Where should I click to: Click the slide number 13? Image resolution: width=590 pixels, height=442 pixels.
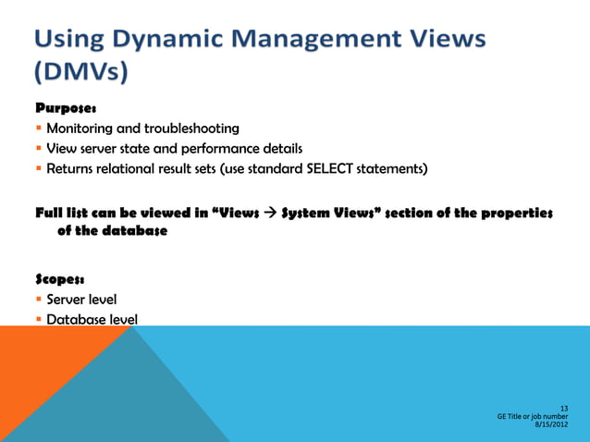[x=563, y=408]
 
